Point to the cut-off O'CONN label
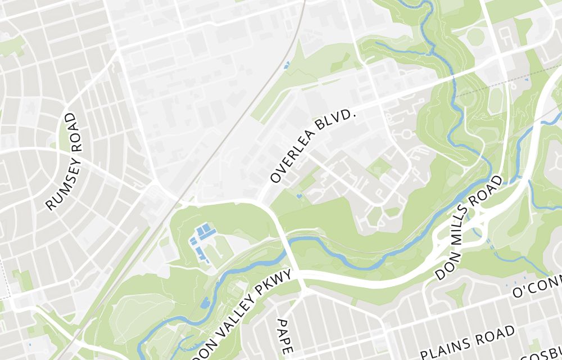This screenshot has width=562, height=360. [537, 288]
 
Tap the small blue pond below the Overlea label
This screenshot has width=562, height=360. [299, 196]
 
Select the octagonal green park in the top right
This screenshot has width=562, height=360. [476, 37]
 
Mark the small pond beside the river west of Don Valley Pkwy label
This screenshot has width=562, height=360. [203, 303]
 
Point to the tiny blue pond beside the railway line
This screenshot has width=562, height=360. [287, 65]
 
